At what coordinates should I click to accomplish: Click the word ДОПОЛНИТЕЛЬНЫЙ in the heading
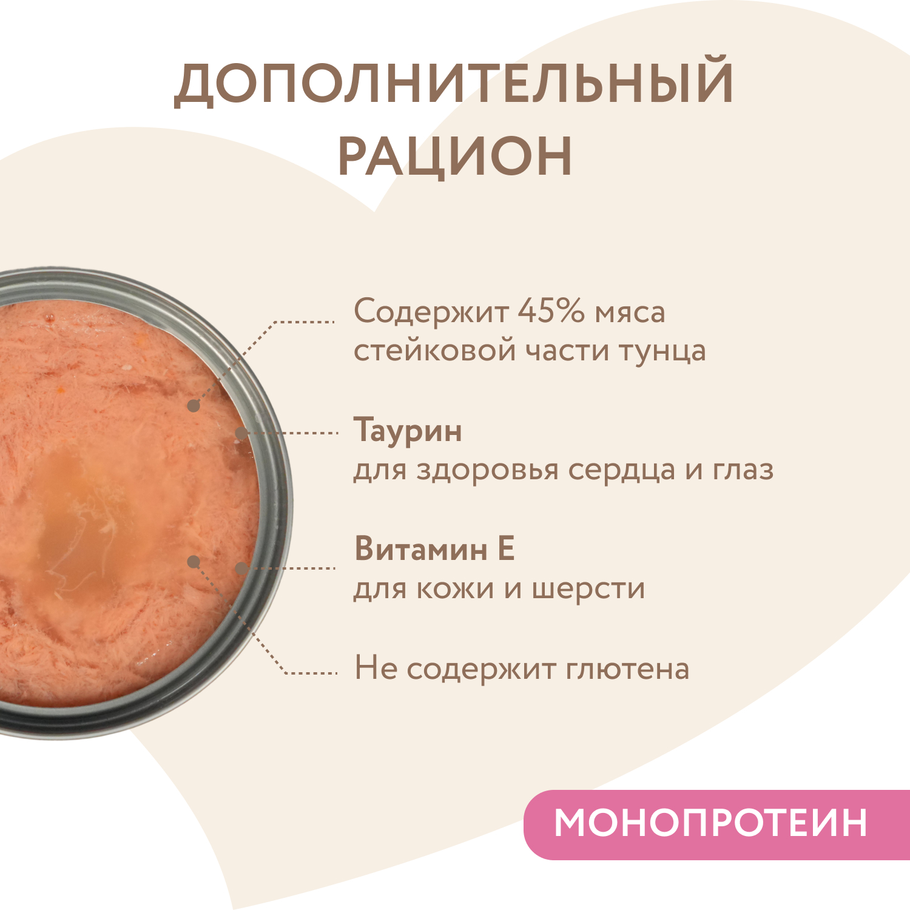pos(454,81)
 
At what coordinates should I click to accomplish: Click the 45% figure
pos(551,311)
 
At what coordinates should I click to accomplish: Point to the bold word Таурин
pos(408,431)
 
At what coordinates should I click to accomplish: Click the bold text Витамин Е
pos(434,548)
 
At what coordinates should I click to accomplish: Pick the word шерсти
pos(588,588)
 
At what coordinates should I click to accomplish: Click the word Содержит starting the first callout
pos(431,312)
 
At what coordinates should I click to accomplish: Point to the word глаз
pos(743,470)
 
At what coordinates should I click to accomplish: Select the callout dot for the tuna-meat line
pos(193,406)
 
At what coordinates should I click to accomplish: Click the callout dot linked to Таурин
pos(241,433)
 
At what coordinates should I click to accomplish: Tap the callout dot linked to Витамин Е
pos(241,568)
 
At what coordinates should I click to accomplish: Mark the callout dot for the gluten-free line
pos(194,562)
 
